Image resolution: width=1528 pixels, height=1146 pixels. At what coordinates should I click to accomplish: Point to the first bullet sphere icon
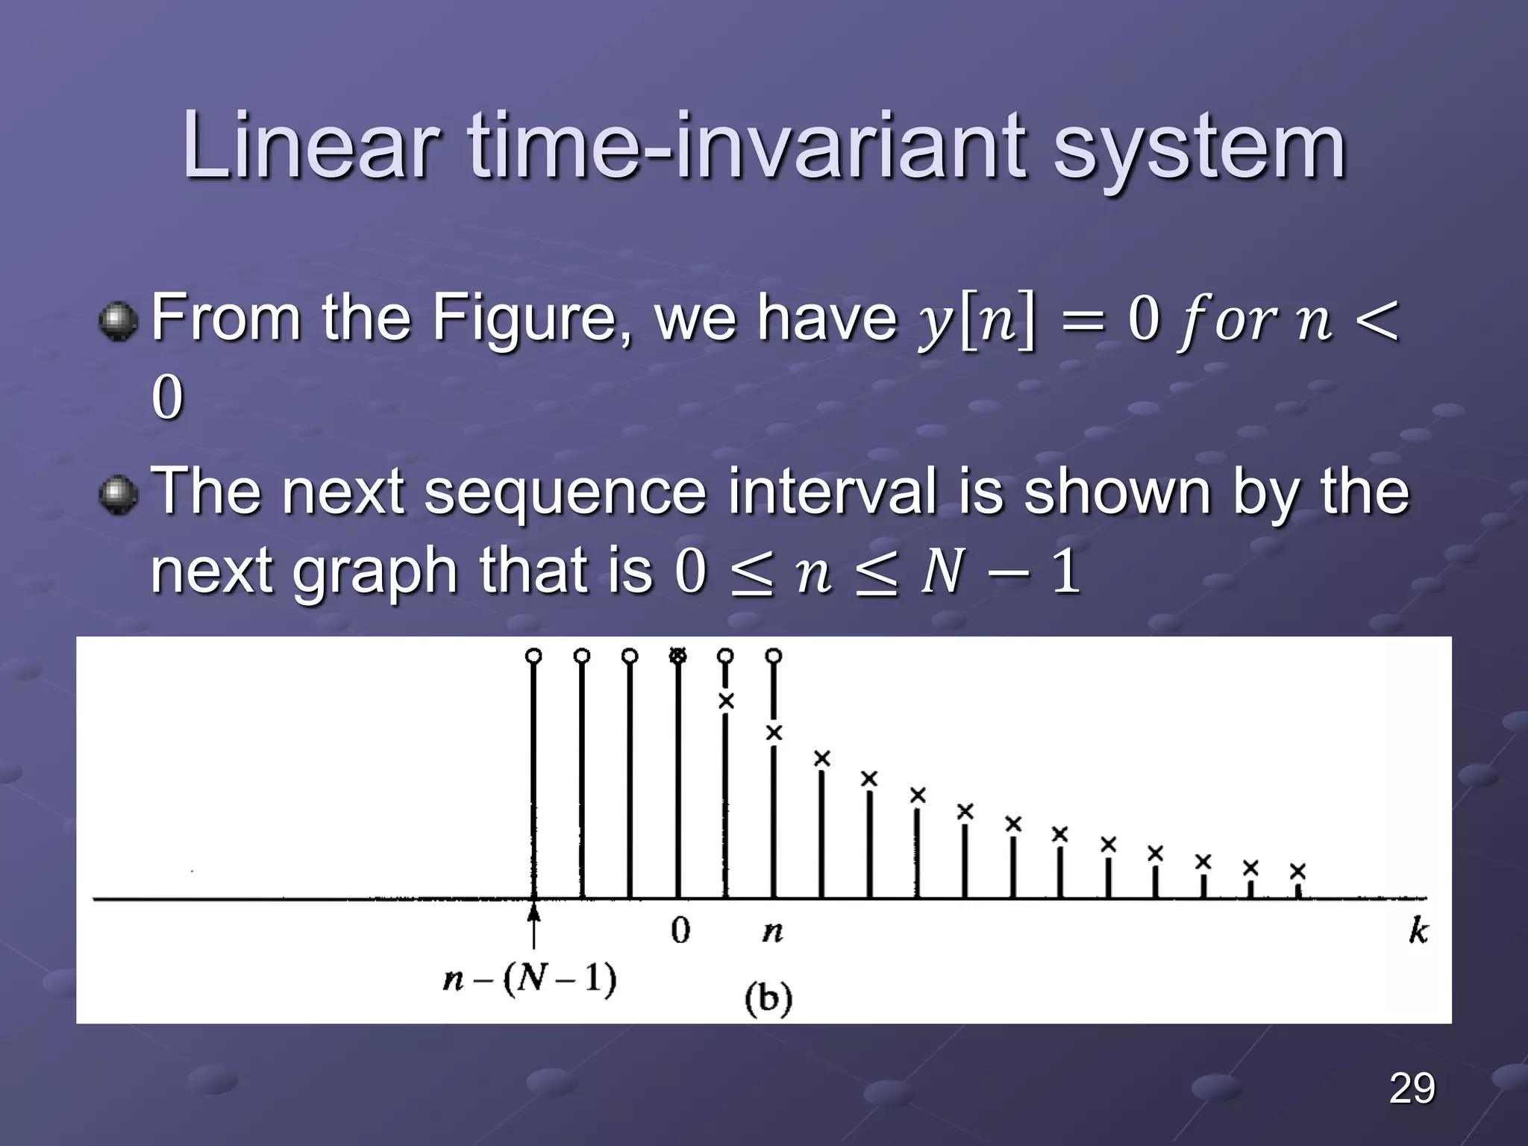click(118, 322)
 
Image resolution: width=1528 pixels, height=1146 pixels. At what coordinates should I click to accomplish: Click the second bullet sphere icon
click(118, 495)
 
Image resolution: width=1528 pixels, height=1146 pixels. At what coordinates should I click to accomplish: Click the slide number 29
click(1412, 1088)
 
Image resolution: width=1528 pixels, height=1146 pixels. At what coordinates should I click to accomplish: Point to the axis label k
click(1418, 930)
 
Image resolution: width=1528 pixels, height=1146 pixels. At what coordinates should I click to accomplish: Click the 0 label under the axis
click(680, 930)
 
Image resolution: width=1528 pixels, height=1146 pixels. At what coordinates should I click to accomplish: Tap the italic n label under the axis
click(773, 932)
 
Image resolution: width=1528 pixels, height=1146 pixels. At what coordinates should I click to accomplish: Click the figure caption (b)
click(768, 998)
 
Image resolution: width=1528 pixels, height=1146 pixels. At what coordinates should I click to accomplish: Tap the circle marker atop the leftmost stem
click(533, 656)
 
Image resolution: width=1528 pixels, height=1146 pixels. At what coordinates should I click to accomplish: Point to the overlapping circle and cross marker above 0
click(677, 656)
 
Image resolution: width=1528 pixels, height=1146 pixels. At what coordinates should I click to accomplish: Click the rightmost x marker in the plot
click(1298, 871)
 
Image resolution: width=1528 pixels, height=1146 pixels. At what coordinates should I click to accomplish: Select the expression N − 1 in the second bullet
click(1001, 573)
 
